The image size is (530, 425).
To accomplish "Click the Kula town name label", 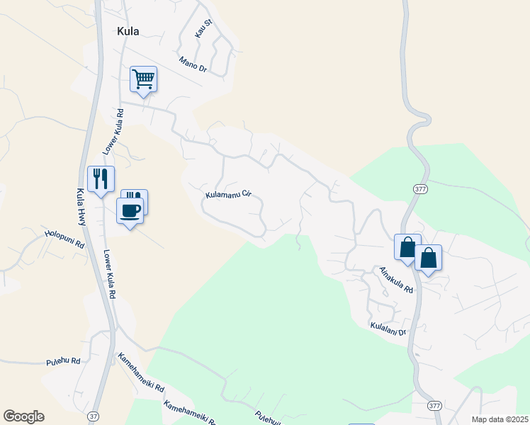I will (x=128, y=31).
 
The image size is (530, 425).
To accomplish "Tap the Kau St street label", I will (x=203, y=28).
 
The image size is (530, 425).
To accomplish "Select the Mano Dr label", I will (x=192, y=63).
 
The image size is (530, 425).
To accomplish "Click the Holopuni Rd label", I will (x=64, y=238).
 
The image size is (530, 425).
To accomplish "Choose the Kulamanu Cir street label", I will (x=229, y=193).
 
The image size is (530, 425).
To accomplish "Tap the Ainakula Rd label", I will (x=396, y=280).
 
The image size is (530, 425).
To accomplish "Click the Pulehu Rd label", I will (x=63, y=361).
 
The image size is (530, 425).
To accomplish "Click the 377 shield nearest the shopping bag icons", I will (x=419, y=188).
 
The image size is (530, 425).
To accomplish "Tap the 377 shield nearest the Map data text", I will (x=435, y=404).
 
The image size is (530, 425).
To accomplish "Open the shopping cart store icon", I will (x=143, y=79).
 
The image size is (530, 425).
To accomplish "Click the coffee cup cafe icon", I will (x=130, y=211).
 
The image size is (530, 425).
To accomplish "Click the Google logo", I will (x=23, y=416).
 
